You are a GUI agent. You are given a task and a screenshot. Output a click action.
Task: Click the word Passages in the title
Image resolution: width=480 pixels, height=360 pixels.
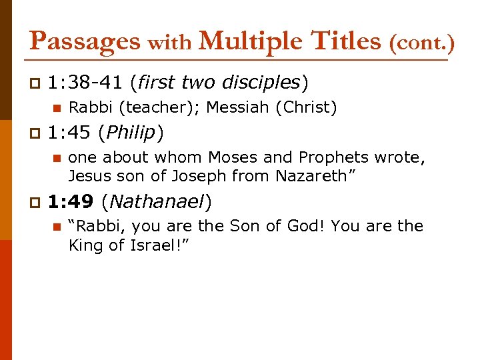pos(85,41)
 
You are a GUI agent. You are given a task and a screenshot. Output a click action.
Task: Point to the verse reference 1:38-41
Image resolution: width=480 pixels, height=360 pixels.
pos(85,82)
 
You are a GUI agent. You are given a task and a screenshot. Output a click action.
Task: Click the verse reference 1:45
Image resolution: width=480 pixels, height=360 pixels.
pos(70,133)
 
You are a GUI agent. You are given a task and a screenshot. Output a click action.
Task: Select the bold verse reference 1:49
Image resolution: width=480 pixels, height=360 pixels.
pos(70,201)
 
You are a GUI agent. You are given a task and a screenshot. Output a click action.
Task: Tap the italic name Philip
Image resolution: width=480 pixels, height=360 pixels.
pos(131,133)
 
